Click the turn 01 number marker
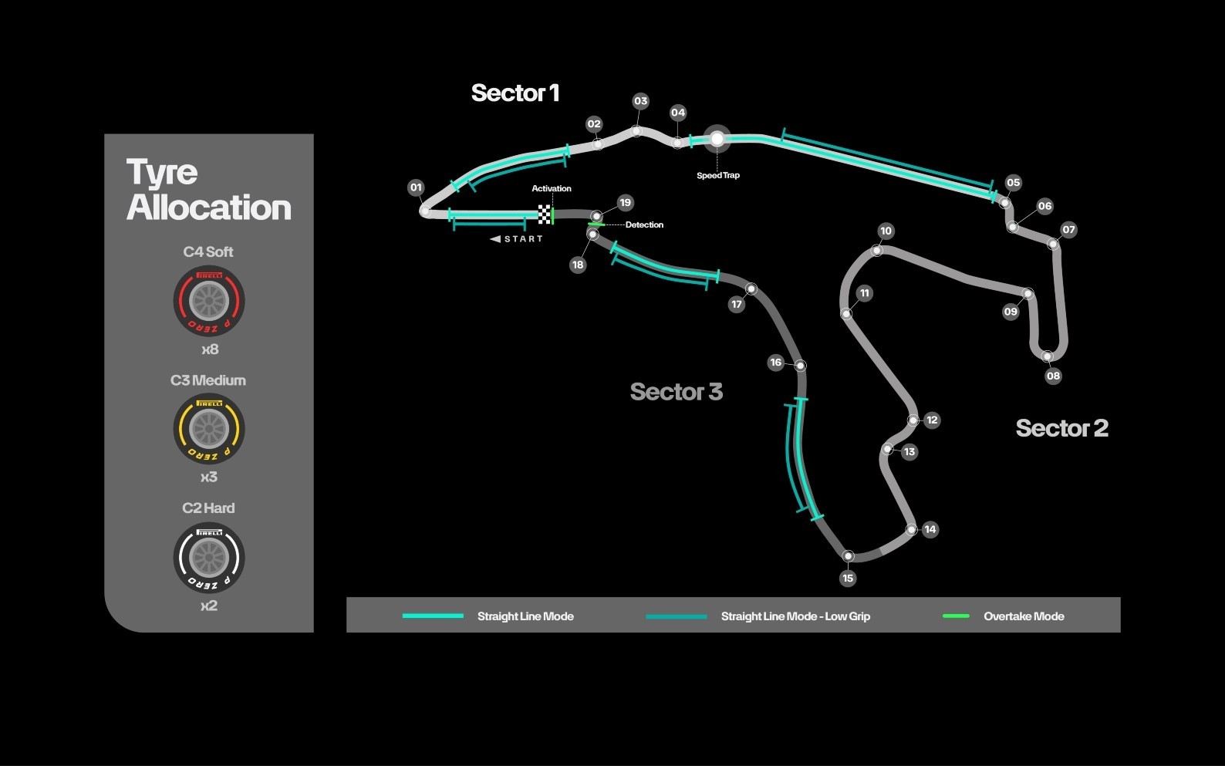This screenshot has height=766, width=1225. (x=416, y=187)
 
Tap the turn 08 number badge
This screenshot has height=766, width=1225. (x=1053, y=376)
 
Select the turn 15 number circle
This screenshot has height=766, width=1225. (x=848, y=578)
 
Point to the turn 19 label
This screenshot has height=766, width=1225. (x=625, y=203)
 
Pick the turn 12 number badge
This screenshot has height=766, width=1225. (x=932, y=420)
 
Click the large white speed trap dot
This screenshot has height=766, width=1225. (x=717, y=139)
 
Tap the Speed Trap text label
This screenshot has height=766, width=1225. (x=718, y=176)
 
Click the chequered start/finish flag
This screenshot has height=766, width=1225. (x=545, y=214)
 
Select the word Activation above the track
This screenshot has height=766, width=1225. (x=552, y=188)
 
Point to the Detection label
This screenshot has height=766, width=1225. (x=644, y=224)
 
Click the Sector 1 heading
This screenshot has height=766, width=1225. (x=515, y=93)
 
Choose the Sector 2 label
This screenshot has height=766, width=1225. (x=1062, y=428)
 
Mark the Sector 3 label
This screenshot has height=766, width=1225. (x=677, y=391)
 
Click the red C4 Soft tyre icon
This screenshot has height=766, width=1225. (x=209, y=301)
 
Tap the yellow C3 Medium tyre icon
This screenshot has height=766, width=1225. (x=209, y=429)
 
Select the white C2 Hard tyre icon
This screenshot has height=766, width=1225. (x=209, y=558)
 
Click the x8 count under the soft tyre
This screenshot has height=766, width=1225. (x=210, y=349)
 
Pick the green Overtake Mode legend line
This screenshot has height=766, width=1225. (x=956, y=616)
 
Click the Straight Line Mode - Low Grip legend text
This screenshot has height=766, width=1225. (x=795, y=616)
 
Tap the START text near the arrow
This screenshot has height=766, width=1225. (x=523, y=239)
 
